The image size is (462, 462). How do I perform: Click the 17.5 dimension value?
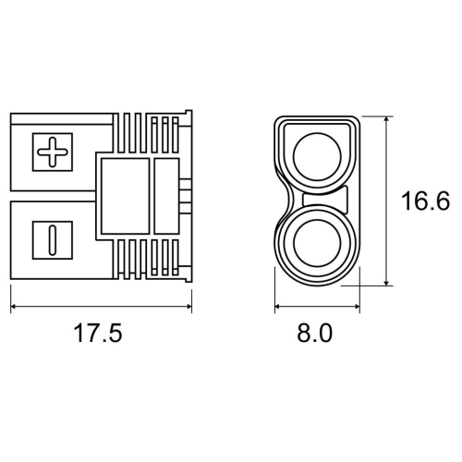pyautogui.click(x=98, y=333)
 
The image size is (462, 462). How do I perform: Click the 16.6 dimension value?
pyautogui.click(x=425, y=201)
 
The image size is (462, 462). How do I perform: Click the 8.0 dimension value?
pyautogui.click(x=314, y=333)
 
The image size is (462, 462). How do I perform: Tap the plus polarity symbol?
pyautogui.click(x=53, y=152)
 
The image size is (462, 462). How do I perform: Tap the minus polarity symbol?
pyautogui.click(x=53, y=240)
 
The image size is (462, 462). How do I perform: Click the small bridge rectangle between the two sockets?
pyautogui.click(x=325, y=200)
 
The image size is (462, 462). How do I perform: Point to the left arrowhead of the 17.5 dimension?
pyautogui.click(x=14, y=307)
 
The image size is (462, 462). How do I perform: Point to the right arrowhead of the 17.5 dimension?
pyautogui.click(x=188, y=307)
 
